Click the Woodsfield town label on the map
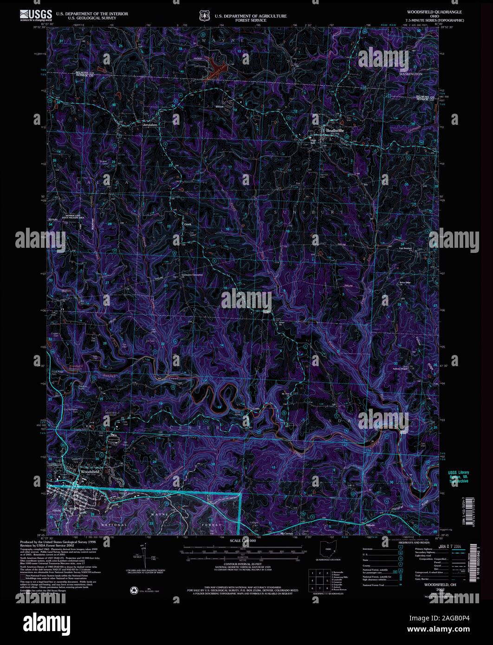click(90, 471)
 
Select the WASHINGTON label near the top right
click(410, 74)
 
